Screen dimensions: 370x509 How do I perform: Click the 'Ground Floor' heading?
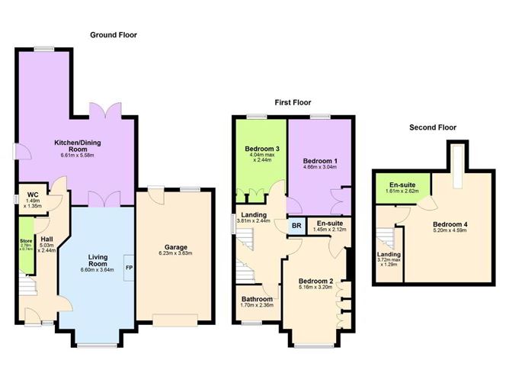[114, 35]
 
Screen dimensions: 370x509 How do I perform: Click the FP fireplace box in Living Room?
[129, 268]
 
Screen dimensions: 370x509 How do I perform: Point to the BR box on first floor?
[296, 226]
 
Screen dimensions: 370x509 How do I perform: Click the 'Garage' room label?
[175, 246]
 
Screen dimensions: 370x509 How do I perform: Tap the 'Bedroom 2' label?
[316, 281]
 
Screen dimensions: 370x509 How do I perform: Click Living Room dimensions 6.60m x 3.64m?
[99, 269]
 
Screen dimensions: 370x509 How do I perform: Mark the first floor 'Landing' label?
[254, 214]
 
